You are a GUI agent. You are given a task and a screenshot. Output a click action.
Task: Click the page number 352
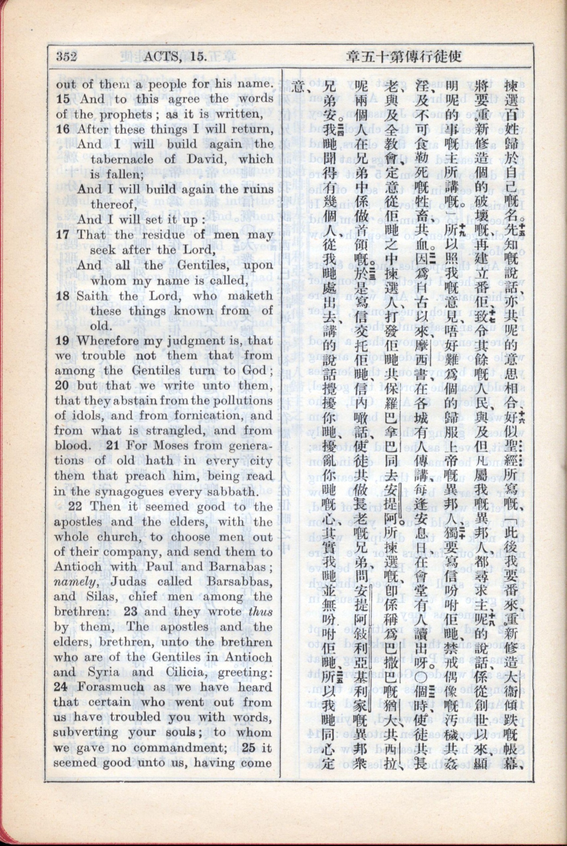(66, 57)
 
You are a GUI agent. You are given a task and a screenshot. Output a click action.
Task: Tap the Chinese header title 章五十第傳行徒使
(404, 57)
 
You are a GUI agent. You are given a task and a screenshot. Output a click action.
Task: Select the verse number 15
(64, 99)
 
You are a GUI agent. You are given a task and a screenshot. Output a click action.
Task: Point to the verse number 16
(64, 129)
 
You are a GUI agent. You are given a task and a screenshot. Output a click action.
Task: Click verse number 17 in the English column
(64, 235)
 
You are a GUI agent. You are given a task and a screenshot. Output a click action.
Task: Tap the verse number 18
(64, 296)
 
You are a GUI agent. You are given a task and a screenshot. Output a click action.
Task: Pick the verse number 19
(64, 341)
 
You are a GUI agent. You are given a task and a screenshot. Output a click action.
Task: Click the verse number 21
(114, 446)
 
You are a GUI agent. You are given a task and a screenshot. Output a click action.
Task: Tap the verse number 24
(62, 687)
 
